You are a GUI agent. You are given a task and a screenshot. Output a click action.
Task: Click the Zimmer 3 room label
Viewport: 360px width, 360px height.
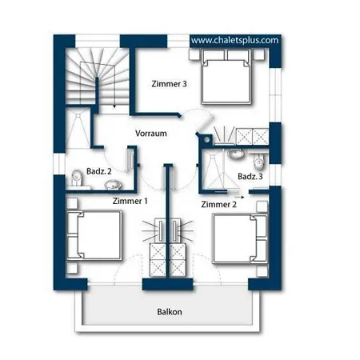(x=169, y=84)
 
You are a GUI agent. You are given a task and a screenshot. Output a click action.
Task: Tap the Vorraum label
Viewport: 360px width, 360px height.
(x=151, y=134)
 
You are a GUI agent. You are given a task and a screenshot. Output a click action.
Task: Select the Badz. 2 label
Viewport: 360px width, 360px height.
(x=99, y=171)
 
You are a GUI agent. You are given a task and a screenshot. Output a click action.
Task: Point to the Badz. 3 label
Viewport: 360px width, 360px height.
(x=250, y=176)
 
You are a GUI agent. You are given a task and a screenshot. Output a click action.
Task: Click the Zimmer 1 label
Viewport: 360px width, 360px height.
(x=130, y=201)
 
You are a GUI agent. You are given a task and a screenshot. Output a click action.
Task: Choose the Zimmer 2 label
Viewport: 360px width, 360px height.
(x=218, y=205)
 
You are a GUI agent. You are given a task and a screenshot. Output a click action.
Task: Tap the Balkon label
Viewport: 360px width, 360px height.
(x=170, y=312)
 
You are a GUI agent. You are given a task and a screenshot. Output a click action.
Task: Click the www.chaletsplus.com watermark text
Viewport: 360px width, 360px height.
(x=234, y=40)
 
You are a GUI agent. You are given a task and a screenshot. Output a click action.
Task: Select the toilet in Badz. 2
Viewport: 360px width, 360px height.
(x=77, y=178)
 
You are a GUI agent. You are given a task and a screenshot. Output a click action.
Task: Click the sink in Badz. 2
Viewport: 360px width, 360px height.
(x=113, y=185)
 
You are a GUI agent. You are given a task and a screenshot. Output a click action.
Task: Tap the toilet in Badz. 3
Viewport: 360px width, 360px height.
(x=258, y=162)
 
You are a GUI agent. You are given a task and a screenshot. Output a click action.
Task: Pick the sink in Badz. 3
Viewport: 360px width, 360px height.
(x=235, y=154)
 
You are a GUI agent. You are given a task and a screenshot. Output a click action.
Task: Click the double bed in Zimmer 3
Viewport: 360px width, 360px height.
(x=226, y=77)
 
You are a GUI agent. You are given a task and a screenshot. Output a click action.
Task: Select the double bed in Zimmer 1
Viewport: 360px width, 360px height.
(x=94, y=235)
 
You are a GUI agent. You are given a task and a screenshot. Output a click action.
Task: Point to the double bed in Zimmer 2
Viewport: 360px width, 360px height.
(x=240, y=238)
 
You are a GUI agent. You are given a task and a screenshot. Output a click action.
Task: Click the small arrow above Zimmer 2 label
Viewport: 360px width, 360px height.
(x=239, y=198)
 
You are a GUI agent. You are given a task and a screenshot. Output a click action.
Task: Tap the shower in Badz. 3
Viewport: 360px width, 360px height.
(x=214, y=169)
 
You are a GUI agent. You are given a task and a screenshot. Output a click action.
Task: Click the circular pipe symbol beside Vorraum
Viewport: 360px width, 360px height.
(x=206, y=139)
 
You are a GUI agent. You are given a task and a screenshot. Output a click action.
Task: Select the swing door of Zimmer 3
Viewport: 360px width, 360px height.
(x=205, y=124)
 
